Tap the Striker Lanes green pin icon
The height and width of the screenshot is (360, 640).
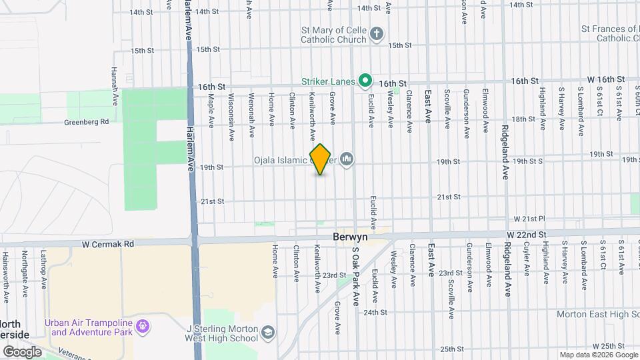coord(365,81)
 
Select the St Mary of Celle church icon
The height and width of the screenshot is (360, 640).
coord(377,34)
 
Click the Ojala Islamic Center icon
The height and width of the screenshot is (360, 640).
coord(346,159)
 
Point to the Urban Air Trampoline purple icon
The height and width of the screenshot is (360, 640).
coord(142,327)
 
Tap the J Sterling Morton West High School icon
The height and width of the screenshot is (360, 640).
coord(267,332)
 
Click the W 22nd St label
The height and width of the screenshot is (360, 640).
coord(526,235)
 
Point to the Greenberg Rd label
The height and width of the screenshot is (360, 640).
coord(86,122)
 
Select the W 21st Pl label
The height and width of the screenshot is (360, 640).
coord(529,219)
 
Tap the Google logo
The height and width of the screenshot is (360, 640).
coord(22,351)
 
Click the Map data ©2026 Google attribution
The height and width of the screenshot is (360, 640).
coord(598,355)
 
